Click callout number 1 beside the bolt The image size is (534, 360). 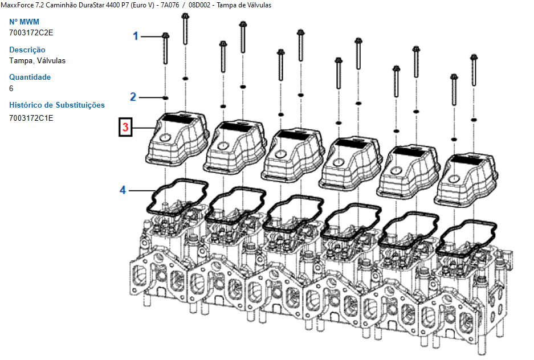point(136,36)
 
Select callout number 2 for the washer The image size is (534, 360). point(133,97)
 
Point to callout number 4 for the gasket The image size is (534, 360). point(123,190)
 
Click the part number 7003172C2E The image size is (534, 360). point(31,32)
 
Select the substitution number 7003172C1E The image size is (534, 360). point(31,118)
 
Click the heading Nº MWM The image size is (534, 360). point(25,22)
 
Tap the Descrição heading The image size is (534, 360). point(27,50)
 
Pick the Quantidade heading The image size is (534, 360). point(30,77)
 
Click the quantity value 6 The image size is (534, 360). point(11,88)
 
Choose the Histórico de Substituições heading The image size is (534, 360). point(57,105)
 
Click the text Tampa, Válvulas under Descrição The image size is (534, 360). point(38,60)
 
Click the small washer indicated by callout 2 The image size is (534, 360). point(165,97)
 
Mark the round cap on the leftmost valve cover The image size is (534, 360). point(165,137)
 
